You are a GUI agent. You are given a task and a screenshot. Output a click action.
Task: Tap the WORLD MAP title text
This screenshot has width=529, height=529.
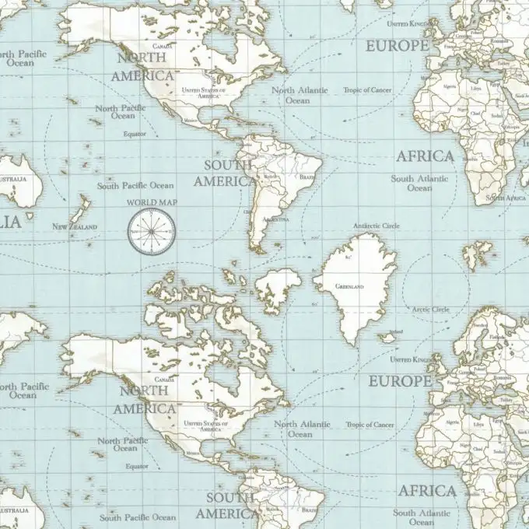(x=151, y=203)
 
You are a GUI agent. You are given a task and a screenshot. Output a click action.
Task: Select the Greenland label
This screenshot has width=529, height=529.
(x=349, y=287)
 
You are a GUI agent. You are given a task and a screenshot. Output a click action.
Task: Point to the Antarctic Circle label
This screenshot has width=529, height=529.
(x=376, y=226)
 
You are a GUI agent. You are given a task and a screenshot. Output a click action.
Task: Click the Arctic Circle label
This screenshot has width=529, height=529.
(x=431, y=310)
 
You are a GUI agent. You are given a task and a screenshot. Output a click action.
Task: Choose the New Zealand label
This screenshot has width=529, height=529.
(x=75, y=227)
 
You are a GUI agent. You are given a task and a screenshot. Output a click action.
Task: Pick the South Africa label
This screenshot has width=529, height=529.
(x=505, y=198)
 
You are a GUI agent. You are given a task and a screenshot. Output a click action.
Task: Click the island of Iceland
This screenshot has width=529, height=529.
(x=387, y=338)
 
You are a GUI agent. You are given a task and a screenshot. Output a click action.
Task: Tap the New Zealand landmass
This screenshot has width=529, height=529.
(x=79, y=209)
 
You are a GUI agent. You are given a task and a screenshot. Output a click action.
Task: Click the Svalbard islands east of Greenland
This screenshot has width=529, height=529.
(x=476, y=254)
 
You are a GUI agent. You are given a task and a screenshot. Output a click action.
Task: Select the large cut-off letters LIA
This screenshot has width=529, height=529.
(x=9, y=222)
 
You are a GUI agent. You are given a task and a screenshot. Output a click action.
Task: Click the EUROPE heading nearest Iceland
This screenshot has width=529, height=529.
(x=399, y=381)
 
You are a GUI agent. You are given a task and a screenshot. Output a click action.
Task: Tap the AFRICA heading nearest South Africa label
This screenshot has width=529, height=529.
(x=425, y=156)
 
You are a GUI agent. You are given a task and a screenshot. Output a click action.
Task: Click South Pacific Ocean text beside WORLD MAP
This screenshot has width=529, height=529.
(x=135, y=185)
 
